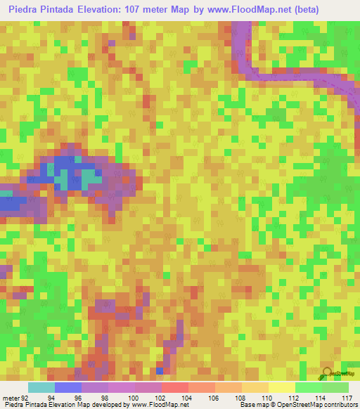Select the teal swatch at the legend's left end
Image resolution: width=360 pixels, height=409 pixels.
(41, 387)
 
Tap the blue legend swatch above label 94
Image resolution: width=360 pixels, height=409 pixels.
(68, 387)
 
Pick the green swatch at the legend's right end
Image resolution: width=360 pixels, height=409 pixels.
(335, 387)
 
